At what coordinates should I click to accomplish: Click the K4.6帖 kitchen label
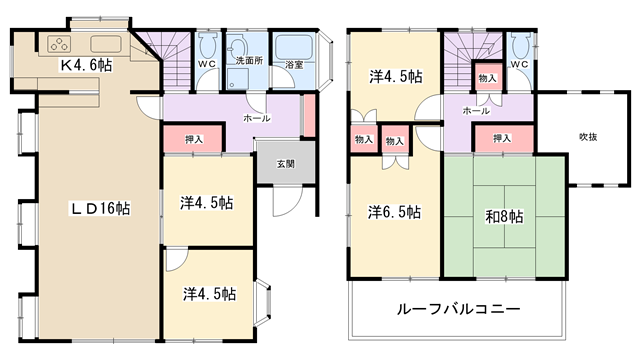(x=87, y=65)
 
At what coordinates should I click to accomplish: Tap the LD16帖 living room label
(x=100, y=209)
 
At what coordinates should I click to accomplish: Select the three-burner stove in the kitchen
(x=59, y=44)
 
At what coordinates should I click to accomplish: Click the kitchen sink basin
(x=106, y=44)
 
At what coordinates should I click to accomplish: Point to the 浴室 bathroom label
(x=294, y=64)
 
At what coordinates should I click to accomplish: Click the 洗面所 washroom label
(x=249, y=61)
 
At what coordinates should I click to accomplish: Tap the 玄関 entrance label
(x=286, y=164)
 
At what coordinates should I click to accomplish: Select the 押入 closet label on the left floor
(x=194, y=140)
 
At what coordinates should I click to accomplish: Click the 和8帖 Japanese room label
(x=504, y=216)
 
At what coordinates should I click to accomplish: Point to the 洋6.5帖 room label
(x=394, y=212)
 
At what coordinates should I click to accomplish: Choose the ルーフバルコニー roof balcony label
(x=459, y=309)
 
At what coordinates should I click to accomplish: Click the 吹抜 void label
(x=588, y=137)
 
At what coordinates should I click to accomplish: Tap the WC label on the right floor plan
(x=520, y=64)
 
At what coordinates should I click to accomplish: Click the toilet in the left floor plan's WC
(x=208, y=45)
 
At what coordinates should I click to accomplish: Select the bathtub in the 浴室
(x=294, y=47)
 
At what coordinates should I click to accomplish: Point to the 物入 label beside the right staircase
(x=487, y=78)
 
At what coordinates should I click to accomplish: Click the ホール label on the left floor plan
(x=257, y=118)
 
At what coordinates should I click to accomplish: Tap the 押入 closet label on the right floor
(x=502, y=138)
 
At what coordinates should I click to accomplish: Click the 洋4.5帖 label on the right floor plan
(x=396, y=76)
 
